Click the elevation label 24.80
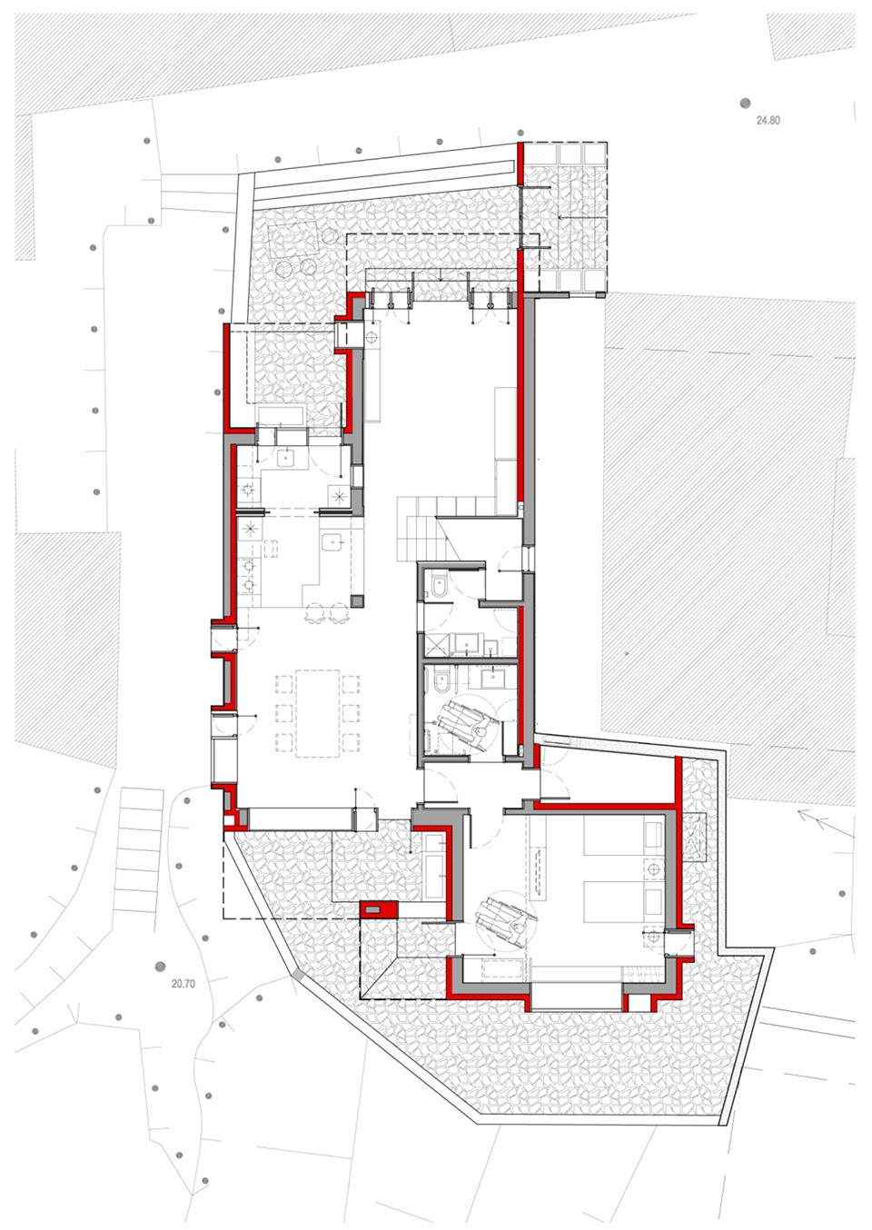(x=768, y=121)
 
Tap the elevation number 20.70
(x=183, y=984)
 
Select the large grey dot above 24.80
(x=745, y=103)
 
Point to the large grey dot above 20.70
(x=161, y=967)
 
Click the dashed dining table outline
(x=317, y=714)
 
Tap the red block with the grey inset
(x=380, y=909)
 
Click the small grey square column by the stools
(x=357, y=600)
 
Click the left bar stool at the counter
(x=315, y=612)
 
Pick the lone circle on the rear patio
(x=329, y=237)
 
